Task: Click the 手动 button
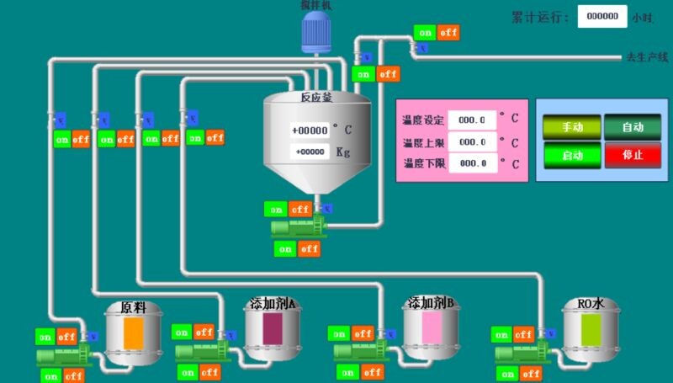572,127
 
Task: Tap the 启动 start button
572,155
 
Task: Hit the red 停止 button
632,155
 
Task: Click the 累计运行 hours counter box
602,17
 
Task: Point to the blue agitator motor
317,32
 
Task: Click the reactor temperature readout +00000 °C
309,130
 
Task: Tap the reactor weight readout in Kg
309,152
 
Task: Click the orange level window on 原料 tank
134,334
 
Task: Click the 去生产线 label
645,58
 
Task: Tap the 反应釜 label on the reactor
316,98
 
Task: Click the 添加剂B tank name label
431,303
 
